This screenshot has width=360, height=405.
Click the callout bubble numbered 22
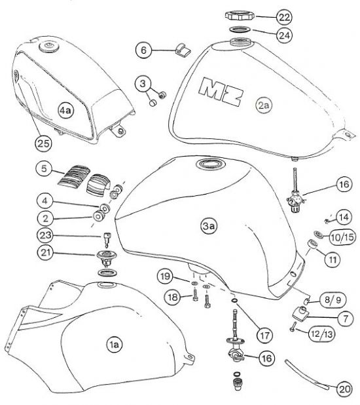pos(284,17)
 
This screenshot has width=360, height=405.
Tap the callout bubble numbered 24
pos(284,35)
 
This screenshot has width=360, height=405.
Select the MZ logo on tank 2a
pos(221,92)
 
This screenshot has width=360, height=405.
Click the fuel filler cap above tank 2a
pos(240,15)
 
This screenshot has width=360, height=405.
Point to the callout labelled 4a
pos(65,111)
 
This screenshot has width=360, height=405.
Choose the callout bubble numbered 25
pos(43,143)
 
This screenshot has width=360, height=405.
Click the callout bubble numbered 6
pos(143,50)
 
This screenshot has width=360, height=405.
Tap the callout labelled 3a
pos(209,226)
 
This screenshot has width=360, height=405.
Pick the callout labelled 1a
pos(114,344)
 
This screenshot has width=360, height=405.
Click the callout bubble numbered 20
pos(345,389)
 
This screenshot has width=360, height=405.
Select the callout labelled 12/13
pos(322,334)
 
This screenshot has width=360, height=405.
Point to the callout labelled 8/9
pos(333,300)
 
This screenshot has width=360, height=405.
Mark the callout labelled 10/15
pos(343,237)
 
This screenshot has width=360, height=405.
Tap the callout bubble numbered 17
pos(265,336)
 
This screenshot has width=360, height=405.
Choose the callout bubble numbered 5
pos(44,169)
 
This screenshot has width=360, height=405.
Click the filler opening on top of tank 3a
pos(210,164)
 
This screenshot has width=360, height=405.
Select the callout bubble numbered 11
pos(333,260)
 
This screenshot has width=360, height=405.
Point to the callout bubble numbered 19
pos(165,277)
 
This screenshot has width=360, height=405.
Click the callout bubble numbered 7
pos(346,318)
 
